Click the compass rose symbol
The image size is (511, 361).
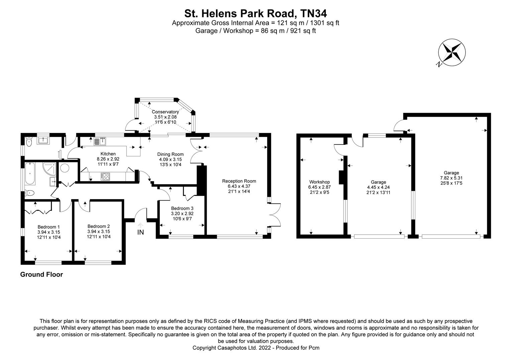(452, 52)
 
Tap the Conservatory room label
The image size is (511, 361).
(165, 112)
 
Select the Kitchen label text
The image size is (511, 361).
(108, 154)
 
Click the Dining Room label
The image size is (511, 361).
(171, 154)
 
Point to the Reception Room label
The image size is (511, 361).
(239, 181)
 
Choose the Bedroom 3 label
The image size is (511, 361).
(182, 208)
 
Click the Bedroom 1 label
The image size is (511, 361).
(49, 227)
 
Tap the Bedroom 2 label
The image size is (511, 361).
(99, 226)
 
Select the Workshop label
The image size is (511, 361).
(319, 182)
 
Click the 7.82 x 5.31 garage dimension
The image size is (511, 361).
(451, 178)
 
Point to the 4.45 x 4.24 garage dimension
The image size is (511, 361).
(378, 188)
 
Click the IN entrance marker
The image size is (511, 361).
(140, 232)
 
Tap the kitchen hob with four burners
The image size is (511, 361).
(105, 176)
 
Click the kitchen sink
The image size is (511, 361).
(100, 141)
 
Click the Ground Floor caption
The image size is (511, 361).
(41, 275)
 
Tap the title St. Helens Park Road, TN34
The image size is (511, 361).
(255, 13)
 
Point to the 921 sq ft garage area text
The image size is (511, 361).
(303, 31)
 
